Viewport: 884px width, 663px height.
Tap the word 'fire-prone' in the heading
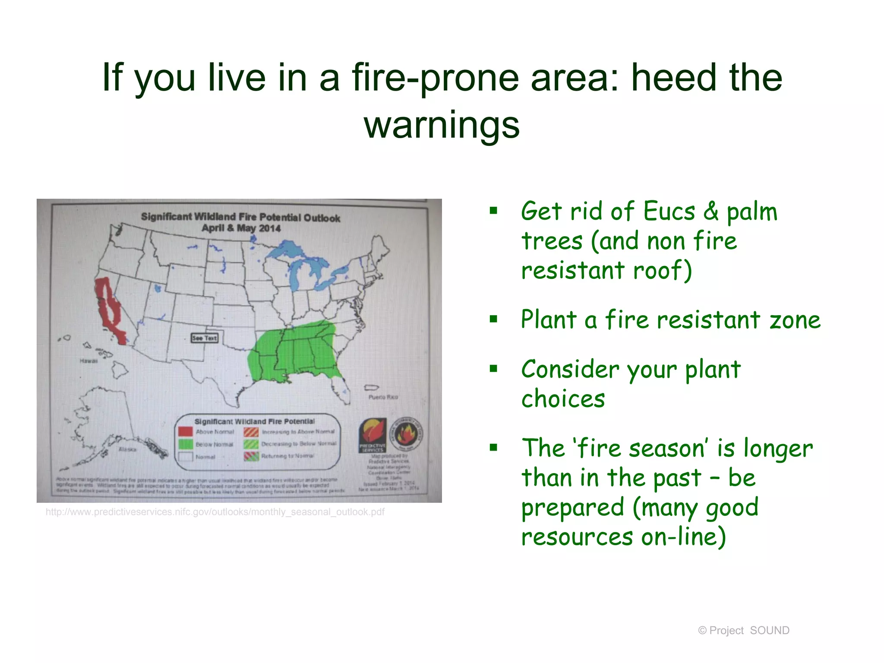pyautogui.click(x=436, y=78)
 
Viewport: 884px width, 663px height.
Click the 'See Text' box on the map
pyautogui.click(x=205, y=338)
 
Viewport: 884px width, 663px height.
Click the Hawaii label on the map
pyautogui.click(x=88, y=361)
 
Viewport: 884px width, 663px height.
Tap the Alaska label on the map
pyautogui.click(x=127, y=449)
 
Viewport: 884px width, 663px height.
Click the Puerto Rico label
pyautogui.click(x=383, y=397)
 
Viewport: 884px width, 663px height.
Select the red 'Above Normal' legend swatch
pyautogui.click(x=185, y=432)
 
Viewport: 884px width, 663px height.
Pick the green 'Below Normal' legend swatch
pyautogui.click(x=185, y=444)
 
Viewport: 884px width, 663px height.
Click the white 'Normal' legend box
pyautogui.click(x=185, y=457)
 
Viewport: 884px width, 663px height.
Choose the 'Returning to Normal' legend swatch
pyautogui.click(x=251, y=456)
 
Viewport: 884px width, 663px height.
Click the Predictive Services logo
pyautogui.click(x=373, y=435)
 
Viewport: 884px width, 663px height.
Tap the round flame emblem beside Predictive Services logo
pyautogui.click(x=406, y=433)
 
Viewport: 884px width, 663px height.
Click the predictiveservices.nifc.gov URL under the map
pyautogui.click(x=215, y=512)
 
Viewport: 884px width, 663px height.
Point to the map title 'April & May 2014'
pyautogui.click(x=241, y=228)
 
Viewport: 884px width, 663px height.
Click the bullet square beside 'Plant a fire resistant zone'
pyautogui.click(x=493, y=319)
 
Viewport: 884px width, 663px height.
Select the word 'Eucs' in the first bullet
pyautogui.click(x=669, y=212)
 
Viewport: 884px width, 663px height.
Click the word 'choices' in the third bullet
pyautogui.click(x=563, y=399)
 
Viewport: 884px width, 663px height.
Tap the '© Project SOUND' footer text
pyautogui.click(x=743, y=631)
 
